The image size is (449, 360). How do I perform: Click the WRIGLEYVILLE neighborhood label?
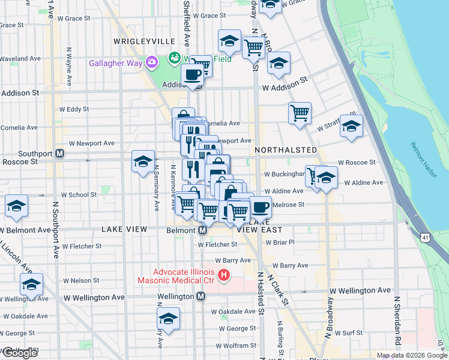(x=144, y=41)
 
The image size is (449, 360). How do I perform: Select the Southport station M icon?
(x=59, y=154)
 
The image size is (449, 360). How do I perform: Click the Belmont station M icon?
(x=202, y=230)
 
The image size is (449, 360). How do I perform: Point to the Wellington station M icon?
(x=201, y=296)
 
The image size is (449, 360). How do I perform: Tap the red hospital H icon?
(x=224, y=276)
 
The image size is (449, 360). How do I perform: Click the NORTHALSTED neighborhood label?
(x=285, y=149)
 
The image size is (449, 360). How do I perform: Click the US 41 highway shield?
(x=424, y=238)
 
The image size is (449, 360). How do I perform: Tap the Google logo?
(x=19, y=353)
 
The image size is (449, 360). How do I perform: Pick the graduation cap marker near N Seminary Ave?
(x=143, y=161)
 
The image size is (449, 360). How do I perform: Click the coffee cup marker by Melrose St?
(x=259, y=207)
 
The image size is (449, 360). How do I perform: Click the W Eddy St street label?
(x=74, y=109)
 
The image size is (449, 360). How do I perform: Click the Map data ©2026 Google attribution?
(x=411, y=355)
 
